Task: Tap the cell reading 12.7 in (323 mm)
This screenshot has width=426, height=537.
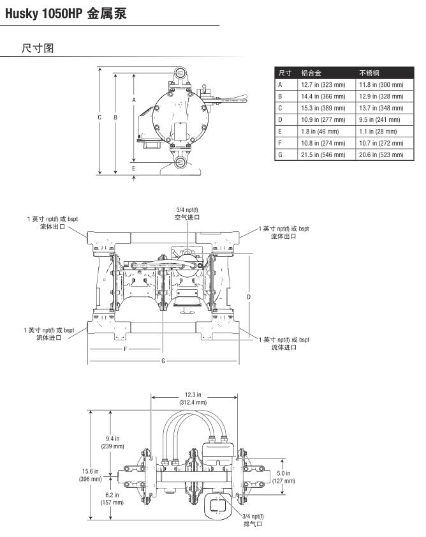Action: (x=323, y=84)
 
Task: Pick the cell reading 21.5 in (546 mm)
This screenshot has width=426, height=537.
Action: (x=323, y=154)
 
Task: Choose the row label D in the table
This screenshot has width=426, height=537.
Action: (x=280, y=119)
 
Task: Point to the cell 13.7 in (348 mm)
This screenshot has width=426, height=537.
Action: (x=381, y=107)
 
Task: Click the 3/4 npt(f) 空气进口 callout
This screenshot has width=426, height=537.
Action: (x=187, y=213)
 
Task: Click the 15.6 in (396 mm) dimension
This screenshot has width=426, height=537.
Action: (x=90, y=475)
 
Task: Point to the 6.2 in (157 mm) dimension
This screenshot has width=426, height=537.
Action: (x=112, y=498)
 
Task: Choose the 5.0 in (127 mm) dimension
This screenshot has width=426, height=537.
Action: (x=284, y=477)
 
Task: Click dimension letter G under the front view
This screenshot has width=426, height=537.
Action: (x=163, y=361)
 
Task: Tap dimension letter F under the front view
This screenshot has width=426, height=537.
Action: (x=126, y=349)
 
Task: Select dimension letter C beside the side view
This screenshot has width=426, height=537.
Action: (x=100, y=117)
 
